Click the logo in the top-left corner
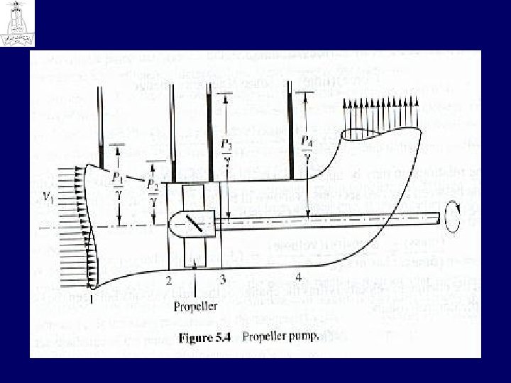coord(16,23)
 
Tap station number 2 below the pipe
coord(168,279)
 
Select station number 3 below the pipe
coord(222,277)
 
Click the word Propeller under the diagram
coord(195,306)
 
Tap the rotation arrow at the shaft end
coord(451,215)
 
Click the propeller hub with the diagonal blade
coord(192,223)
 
